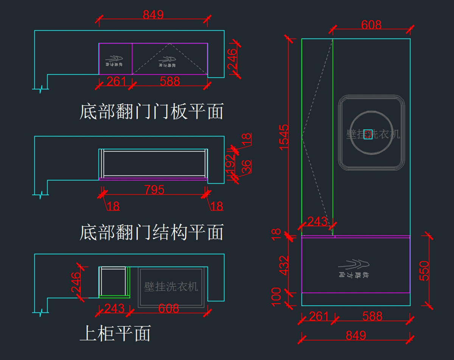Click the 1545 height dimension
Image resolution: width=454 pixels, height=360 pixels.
coord(285,137)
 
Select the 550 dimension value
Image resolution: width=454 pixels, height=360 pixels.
coord(424,270)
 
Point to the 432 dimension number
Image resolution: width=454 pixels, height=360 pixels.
coord(285,265)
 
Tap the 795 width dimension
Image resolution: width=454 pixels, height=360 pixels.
coord(154,190)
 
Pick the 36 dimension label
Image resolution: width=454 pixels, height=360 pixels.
coord(246,166)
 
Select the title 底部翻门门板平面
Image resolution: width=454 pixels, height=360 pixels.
coord(151,112)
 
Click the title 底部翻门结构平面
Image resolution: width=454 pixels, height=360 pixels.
coord(151,232)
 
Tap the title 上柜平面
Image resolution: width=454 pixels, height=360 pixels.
coord(115,333)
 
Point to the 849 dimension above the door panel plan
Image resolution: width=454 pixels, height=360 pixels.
coord(153,15)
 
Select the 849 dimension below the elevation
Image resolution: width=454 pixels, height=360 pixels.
coord(356,335)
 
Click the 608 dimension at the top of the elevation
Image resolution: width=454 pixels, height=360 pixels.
coord(371,25)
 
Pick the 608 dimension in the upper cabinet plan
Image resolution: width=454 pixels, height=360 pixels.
coord(169,309)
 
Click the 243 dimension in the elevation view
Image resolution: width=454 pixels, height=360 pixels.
coord(317,221)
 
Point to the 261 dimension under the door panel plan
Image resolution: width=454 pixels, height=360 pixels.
coord(116,81)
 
